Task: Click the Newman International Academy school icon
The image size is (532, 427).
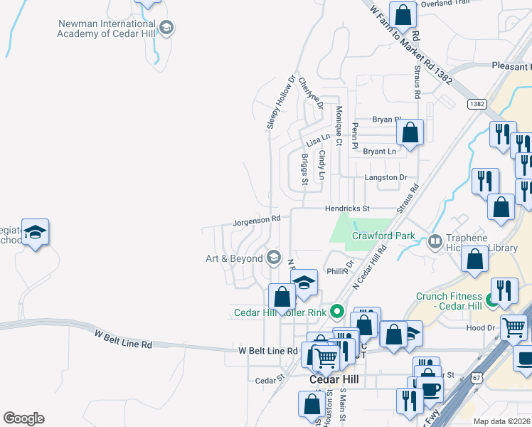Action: (166, 28)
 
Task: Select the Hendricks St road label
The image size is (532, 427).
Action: (348, 209)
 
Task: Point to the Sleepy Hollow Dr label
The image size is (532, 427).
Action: (281, 103)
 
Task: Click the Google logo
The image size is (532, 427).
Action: (23, 418)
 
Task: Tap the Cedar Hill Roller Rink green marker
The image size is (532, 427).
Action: (338, 311)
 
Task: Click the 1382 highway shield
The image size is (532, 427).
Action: (477, 104)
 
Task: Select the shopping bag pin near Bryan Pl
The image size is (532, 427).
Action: (410, 132)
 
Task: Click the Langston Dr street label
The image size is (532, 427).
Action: (385, 177)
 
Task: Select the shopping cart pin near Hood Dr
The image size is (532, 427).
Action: (514, 328)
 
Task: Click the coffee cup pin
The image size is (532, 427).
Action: (430, 390)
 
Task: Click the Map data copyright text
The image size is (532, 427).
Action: (501, 421)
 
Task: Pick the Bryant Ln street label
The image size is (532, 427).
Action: (379, 152)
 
